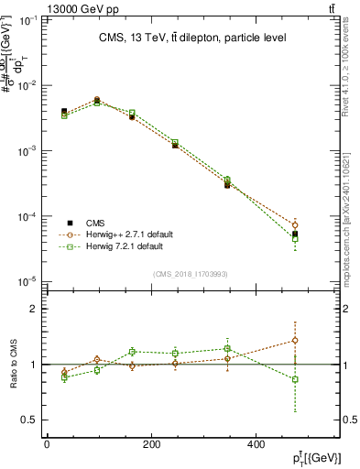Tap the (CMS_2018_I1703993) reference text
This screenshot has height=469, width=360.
(190, 272)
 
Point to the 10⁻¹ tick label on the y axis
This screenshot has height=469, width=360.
(30, 19)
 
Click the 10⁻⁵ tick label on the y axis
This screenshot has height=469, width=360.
(30, 282)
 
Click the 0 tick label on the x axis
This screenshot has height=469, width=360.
(47, 444)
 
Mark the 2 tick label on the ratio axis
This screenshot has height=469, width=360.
(34, 309)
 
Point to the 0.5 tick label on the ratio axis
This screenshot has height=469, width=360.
(30, 420)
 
